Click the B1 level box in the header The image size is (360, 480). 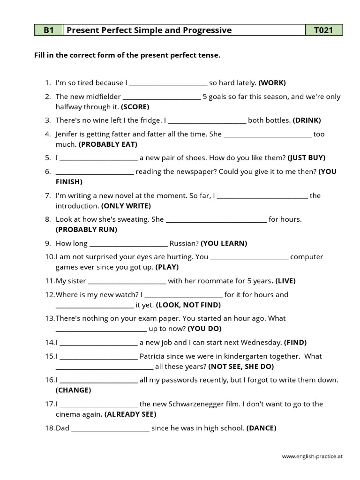(48, 30)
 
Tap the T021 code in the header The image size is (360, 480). (324, 30)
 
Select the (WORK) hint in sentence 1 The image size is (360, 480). (272, 83)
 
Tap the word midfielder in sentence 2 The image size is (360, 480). (103, 97)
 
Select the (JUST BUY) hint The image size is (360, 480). (306, 157)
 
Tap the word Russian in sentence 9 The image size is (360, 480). (184, 243)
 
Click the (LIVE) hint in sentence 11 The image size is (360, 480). (285, 281)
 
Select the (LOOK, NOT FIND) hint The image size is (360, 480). (188, 305)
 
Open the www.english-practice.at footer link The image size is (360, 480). (312, 456)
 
